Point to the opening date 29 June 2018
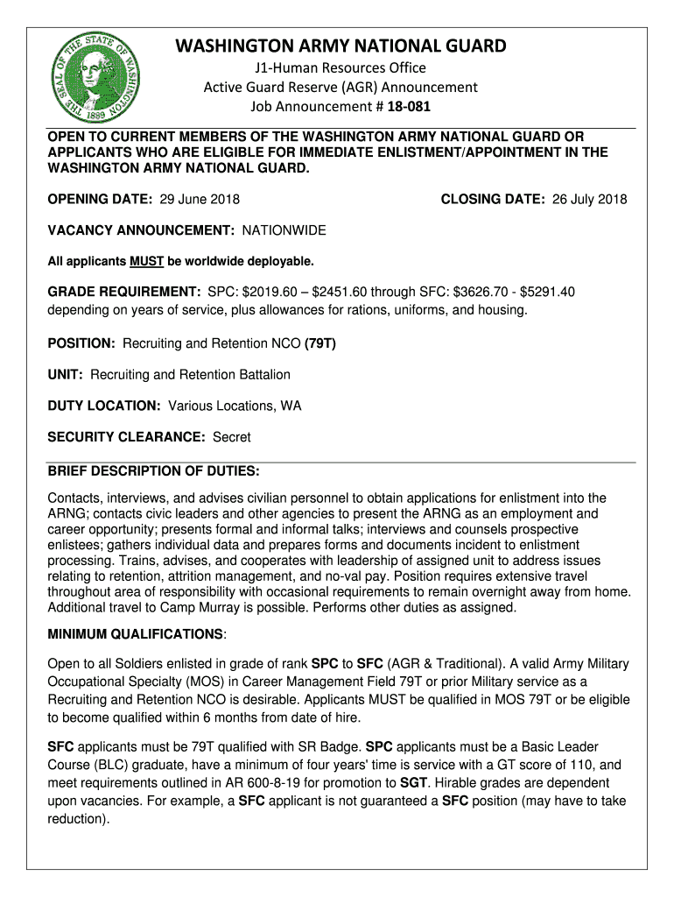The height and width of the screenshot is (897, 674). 200,199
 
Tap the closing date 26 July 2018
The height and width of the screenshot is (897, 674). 589,199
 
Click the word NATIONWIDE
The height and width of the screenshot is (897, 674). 284,230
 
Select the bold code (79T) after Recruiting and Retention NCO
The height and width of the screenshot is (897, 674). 320,343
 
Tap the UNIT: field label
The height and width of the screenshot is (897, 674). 66,375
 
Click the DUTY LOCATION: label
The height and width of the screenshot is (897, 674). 103,406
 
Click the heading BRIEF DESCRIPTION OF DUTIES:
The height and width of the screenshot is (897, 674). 153,471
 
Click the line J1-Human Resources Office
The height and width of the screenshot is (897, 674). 341,67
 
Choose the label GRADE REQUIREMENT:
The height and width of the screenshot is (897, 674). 123,292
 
